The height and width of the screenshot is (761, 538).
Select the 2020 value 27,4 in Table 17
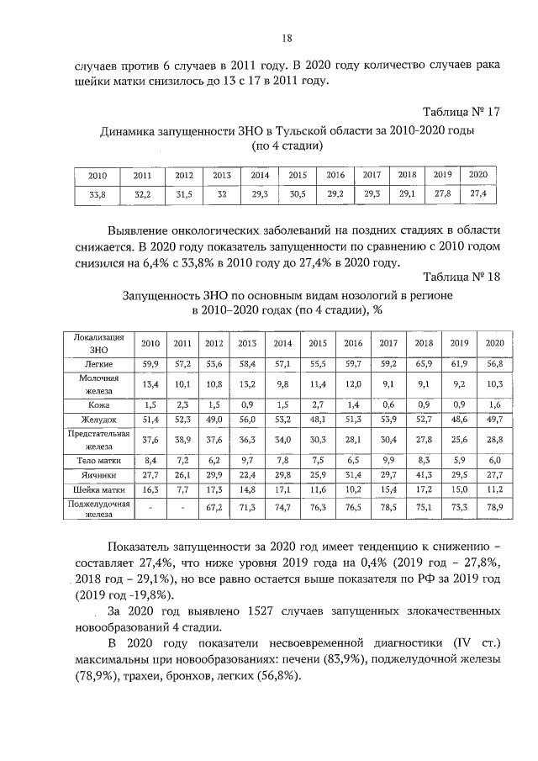coord(478,193)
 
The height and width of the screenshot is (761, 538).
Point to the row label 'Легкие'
coord(99,364)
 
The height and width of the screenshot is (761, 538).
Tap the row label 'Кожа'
coord(99,404)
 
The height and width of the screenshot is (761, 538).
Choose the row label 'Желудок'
coord(99,419)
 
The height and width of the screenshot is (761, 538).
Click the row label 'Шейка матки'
coord(99,488)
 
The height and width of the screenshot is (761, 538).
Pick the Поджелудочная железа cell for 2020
coord(494,509)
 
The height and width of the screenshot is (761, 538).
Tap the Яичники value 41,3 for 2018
coord(424,474)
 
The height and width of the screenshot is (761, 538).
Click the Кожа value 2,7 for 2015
coord(318,404)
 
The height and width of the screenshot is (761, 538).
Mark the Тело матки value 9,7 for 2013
coord(247,460)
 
